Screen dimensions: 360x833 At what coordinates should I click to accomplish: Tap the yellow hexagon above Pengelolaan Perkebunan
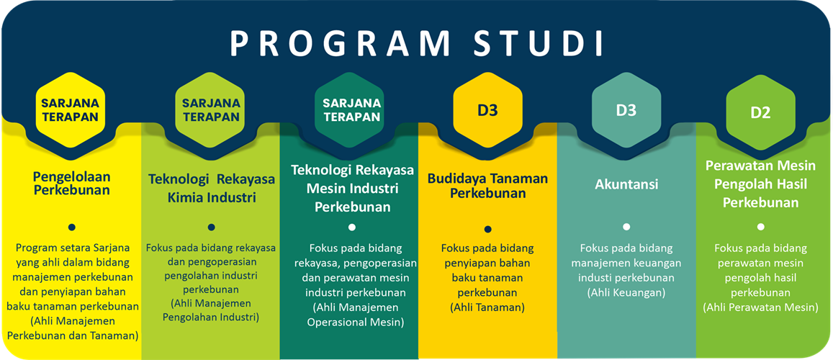coord(70,109)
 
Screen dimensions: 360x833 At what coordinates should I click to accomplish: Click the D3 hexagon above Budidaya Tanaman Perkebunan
coord(488,111)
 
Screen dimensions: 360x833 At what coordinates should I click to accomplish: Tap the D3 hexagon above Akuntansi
coord(626,111)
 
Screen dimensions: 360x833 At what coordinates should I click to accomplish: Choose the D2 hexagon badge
coord(760,112)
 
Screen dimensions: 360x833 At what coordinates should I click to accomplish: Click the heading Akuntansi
coord(626,184)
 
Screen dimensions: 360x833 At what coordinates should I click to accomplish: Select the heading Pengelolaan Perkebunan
coord(71,184)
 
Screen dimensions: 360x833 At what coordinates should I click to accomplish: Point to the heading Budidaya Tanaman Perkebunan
coord(487,186)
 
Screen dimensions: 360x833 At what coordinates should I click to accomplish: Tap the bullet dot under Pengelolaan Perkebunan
coord(71,226)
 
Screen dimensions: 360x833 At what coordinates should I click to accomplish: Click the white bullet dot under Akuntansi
coord(626,226)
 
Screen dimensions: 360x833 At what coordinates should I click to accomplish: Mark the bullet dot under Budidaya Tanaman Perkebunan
coord(487,229)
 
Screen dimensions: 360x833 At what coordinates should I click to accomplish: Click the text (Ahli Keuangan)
coord(626,292)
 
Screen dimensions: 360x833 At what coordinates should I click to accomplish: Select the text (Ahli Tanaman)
coord(487,307)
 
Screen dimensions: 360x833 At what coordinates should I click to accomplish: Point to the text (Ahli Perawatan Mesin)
coord(760,307)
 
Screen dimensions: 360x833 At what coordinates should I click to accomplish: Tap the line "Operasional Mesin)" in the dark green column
coord(351,323)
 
